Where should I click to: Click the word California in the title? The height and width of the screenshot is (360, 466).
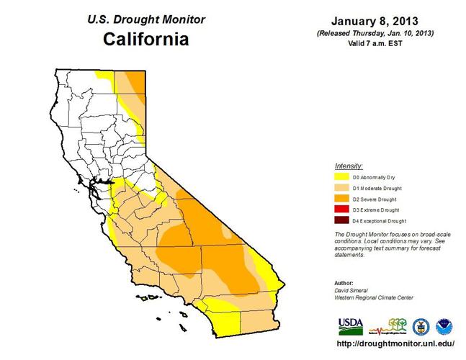pyautogui.click(x=145, y=39)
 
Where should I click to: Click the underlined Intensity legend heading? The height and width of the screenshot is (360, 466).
pyautogui.click(x=349, y=166)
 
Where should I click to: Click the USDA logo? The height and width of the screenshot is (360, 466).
pyautogui.click(x=351, y=327)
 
